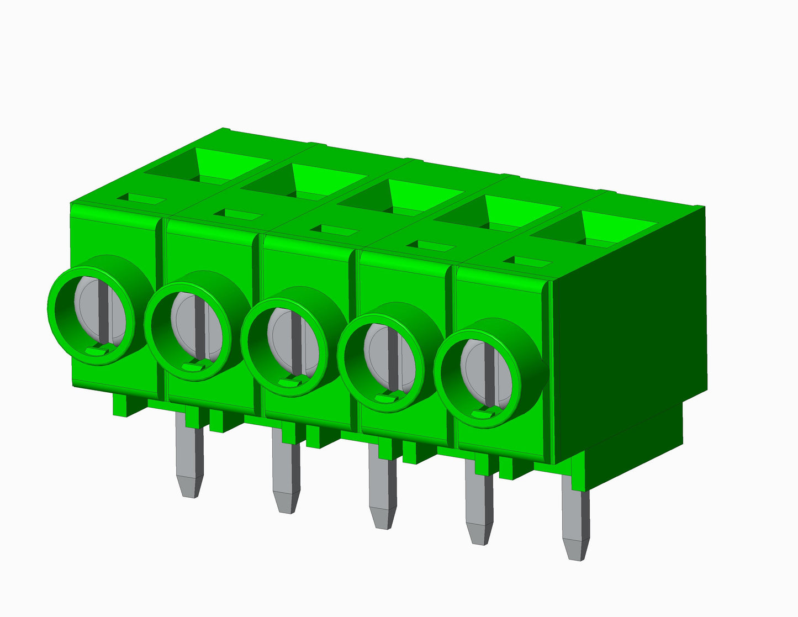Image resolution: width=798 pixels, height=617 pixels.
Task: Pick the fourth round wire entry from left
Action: point(381,363)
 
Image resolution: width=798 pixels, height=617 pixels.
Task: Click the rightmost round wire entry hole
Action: point(478,379)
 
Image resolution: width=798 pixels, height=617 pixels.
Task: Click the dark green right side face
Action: point(630,342)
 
